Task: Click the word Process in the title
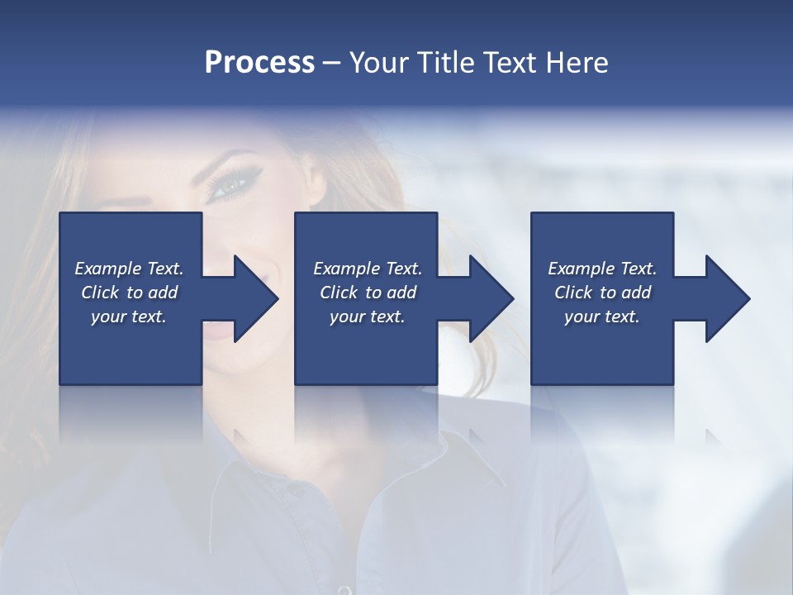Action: click(259, 63)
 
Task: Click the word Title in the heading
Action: click(444, 63)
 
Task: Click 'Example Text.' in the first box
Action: click(129, 269)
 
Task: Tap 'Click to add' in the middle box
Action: click(368, 293)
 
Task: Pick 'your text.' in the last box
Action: click(602, 317)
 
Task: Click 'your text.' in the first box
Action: click(129, 317)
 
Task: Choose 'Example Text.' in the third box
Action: click(602, 269)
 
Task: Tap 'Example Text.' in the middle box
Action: click(368, 269)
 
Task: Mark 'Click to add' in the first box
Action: click(129, 293)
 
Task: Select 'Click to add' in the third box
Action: click(602, 293)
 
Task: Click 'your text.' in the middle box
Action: click(368, 317)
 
